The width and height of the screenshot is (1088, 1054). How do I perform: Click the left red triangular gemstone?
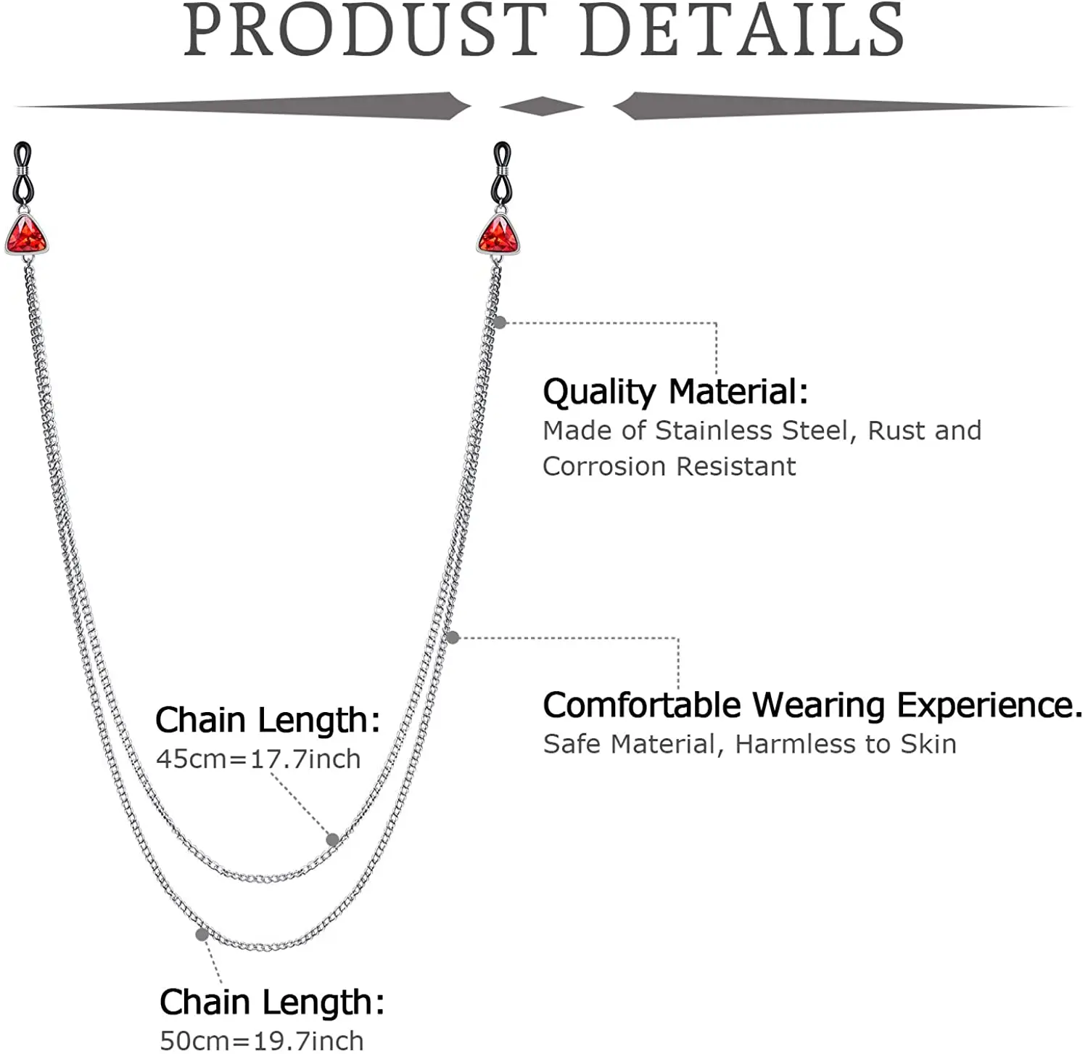click(x=26, y=234)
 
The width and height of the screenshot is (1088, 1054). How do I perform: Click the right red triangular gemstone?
click(x=498, y=234)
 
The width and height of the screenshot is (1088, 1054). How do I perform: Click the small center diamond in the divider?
click(x=542, y=107)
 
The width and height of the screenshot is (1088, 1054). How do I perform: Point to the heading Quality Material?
click(x=675, y=391)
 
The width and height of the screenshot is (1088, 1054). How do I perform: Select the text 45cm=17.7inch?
click(x=258, y=759)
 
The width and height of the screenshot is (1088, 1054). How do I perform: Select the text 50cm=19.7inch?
click(x=261, y=1040)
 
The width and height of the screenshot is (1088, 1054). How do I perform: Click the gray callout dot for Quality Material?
click(x=500, y=322)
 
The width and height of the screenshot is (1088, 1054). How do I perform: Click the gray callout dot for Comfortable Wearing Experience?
click(x=453, y=637)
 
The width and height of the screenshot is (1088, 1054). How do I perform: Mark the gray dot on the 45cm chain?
click(x=332, y=840)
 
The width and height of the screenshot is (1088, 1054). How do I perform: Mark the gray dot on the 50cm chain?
click(x=202, y=934)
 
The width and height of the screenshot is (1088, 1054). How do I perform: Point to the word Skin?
click(x=928, y=744)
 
